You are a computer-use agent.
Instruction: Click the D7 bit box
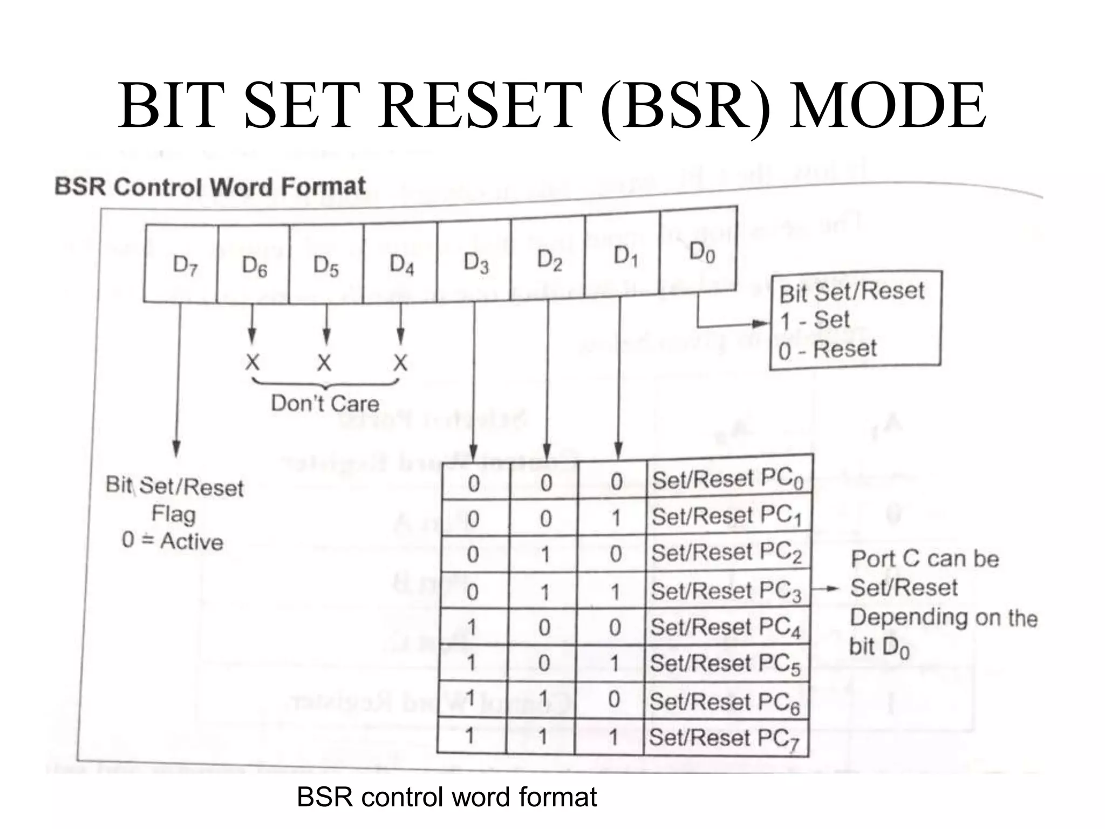pos(181,264)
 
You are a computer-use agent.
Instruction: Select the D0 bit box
pos(698,253)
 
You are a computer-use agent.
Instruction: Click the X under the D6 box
pos(252,363)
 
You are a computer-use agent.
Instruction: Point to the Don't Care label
pos(325,403)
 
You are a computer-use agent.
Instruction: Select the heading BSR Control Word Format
pos(210,187)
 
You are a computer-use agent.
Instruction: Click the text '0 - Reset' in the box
pos(827,350)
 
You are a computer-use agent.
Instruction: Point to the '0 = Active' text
pos(172,541)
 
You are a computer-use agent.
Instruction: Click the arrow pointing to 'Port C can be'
pos(826,589)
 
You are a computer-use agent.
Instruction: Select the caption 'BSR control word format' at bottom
pos(446,797)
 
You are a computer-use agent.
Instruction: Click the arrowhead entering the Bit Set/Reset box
pos(761,324)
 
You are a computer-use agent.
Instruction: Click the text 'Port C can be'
pos(924,559)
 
